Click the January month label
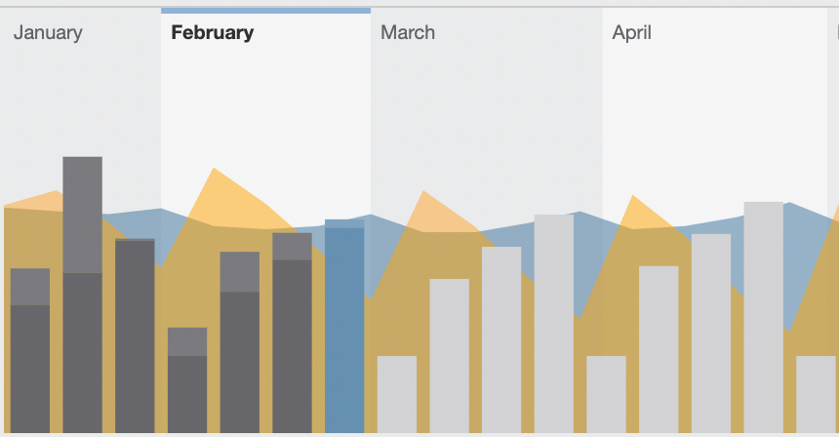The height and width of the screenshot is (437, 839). coord(48,33)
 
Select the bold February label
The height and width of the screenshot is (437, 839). coord(213,33)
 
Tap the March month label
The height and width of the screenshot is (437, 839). coord(408,32)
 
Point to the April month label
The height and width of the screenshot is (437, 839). coord(632,33)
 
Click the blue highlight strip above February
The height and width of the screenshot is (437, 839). coord(266,11)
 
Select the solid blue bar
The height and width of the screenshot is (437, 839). coord(344,326)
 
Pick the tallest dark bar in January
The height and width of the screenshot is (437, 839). coord(82,295)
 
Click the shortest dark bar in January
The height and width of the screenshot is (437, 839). coord(30,350)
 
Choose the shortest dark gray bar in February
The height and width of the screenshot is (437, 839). coord(187,379)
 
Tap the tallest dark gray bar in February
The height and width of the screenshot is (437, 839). coord(292,333)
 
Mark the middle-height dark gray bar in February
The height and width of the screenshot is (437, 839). coord(240,342)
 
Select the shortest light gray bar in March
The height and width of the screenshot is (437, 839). coord(397,394)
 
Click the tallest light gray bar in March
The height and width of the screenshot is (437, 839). coord(554,324)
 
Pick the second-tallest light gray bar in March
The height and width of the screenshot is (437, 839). coord(501,339)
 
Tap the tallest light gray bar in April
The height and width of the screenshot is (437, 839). coord(764,317)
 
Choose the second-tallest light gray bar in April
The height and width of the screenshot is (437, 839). coord(711,334)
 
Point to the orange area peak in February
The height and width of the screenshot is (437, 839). coord(214,169)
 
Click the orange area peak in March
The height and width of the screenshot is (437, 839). coord(423,191)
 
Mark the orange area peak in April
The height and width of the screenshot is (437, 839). coord(633,196)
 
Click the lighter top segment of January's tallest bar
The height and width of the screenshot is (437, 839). coord(82,215)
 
